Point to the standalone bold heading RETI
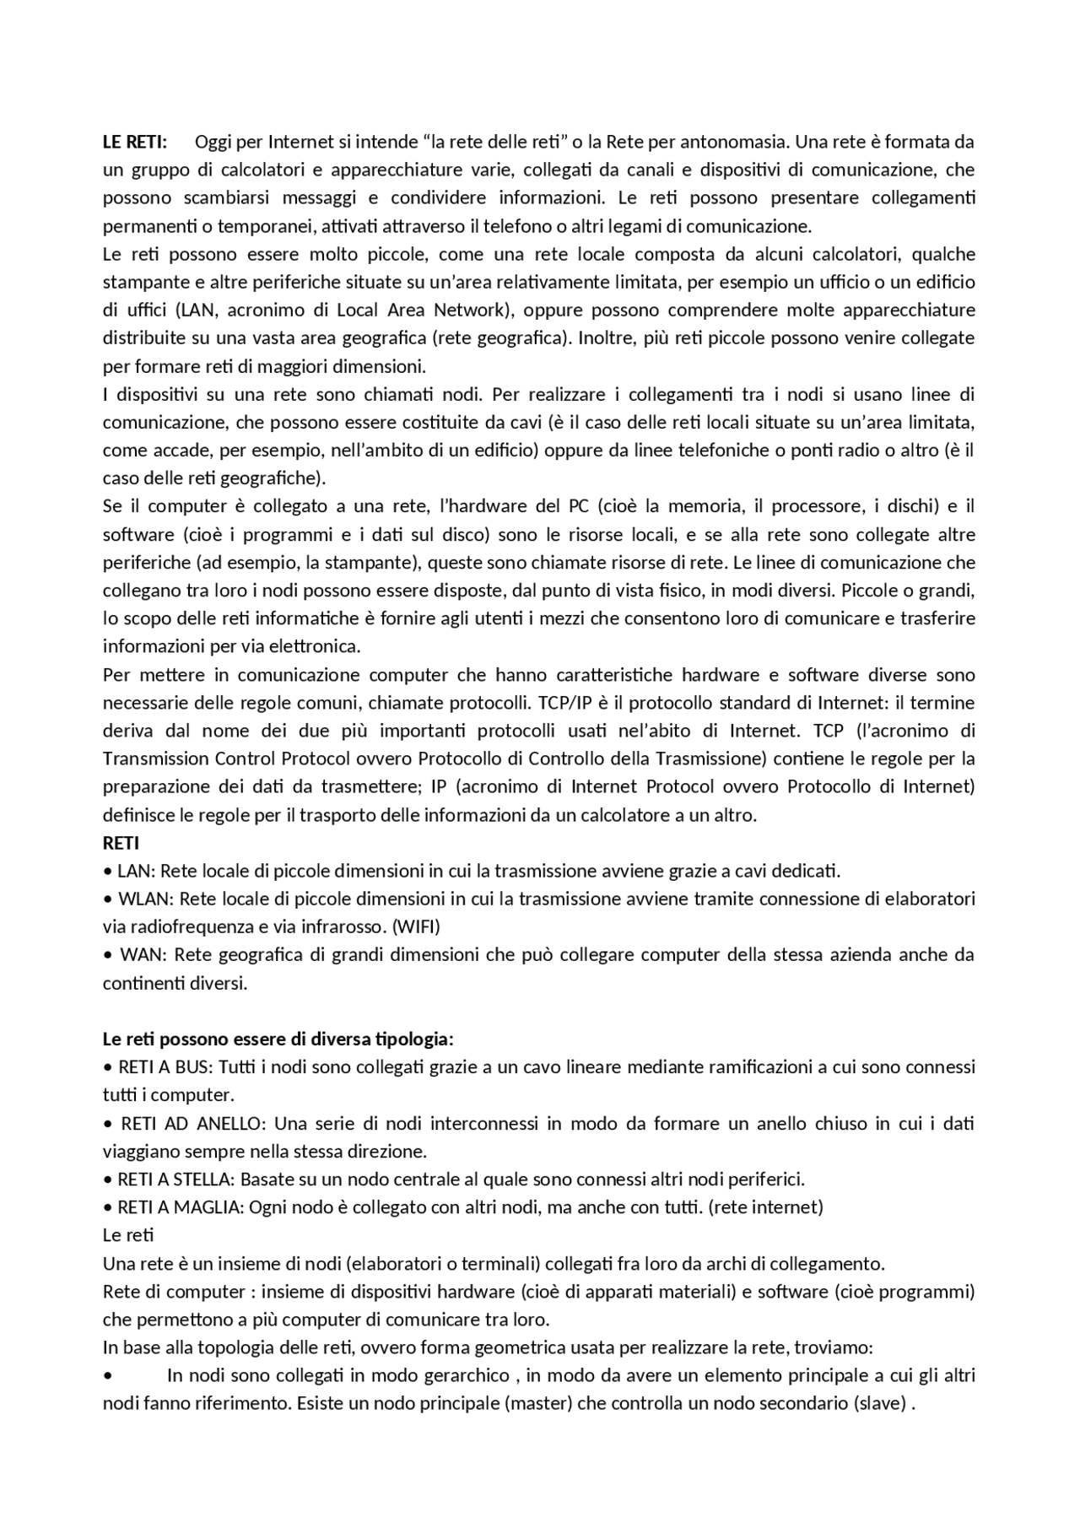(x=121, y=843)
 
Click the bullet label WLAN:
(x=144, y=899)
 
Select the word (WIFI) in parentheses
(x=417, y=926)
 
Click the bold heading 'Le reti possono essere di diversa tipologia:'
(x=278, y=1039)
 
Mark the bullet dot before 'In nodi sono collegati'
(x=107, y=1376)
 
